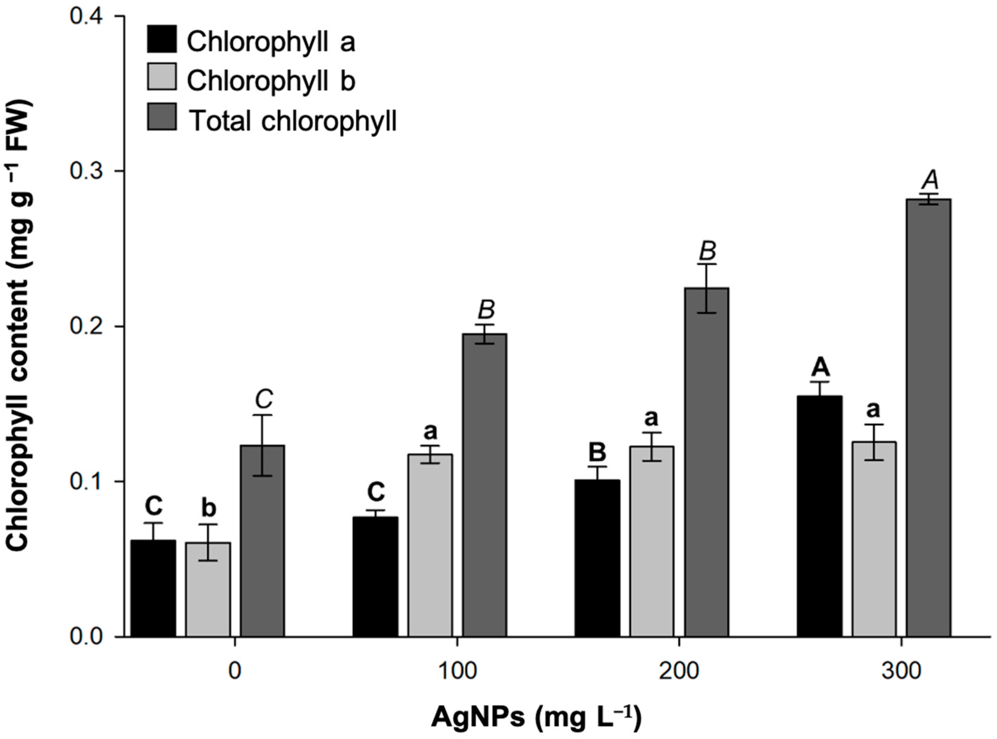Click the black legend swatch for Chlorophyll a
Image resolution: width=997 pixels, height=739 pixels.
162,39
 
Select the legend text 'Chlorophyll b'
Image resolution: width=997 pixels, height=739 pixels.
271,81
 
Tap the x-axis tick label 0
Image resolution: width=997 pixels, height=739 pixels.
235,671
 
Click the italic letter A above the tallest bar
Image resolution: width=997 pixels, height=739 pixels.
929,180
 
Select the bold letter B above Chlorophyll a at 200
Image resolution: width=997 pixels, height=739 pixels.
597,453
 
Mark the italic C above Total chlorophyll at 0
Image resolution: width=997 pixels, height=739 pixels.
264,399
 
